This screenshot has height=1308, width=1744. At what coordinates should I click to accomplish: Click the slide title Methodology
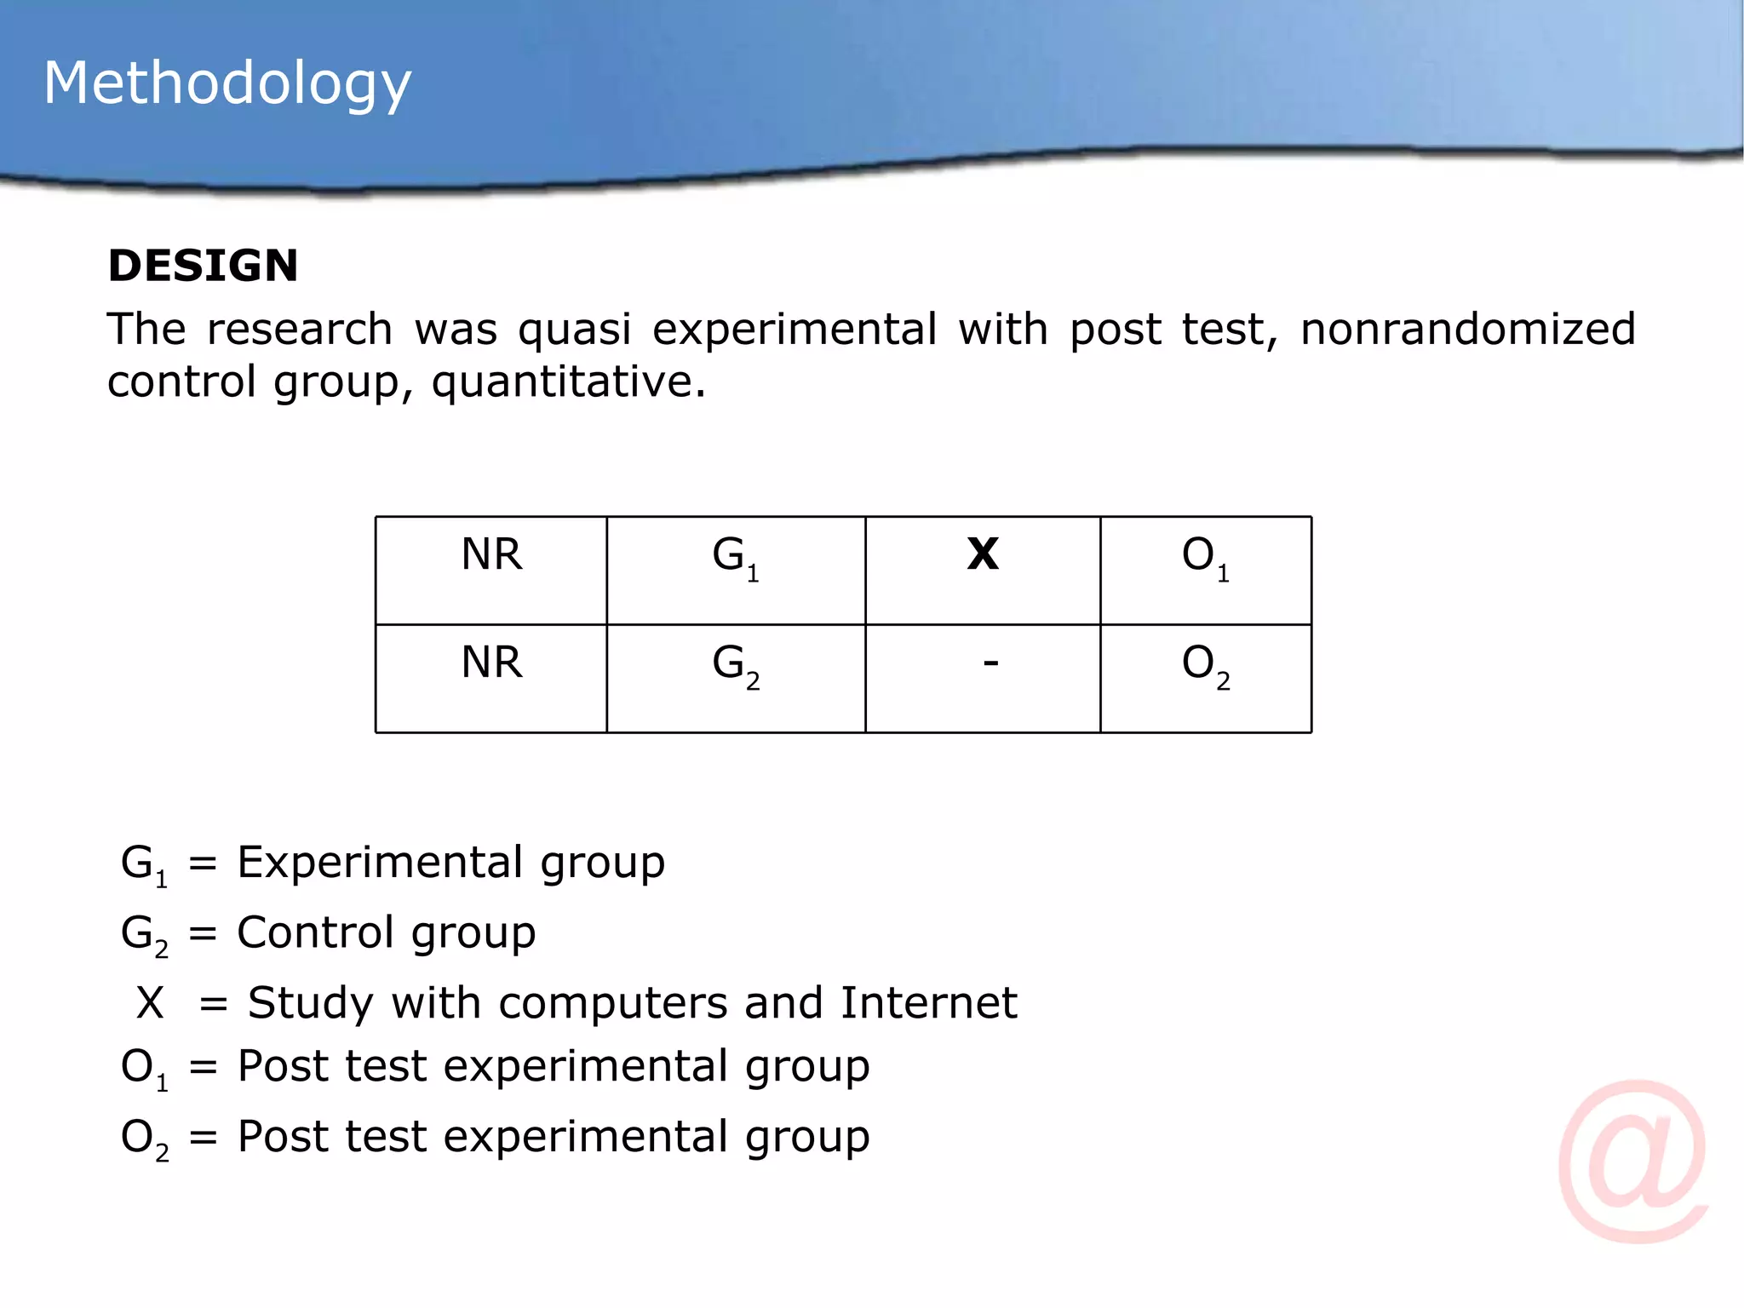227,83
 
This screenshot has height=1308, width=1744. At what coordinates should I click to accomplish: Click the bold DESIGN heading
203,266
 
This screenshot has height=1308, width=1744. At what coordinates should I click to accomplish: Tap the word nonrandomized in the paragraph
1467,329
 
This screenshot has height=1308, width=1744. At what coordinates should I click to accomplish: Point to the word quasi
575,330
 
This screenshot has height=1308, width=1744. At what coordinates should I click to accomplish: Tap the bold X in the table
983,554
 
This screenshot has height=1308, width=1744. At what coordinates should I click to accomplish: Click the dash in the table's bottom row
990,663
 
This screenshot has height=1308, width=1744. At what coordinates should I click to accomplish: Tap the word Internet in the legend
928,1002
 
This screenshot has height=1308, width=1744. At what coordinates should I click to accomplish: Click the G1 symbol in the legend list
144,864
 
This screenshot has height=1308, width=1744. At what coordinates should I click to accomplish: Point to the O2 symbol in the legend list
144,1139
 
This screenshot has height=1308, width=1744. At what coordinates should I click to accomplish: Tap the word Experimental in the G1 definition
380,863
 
